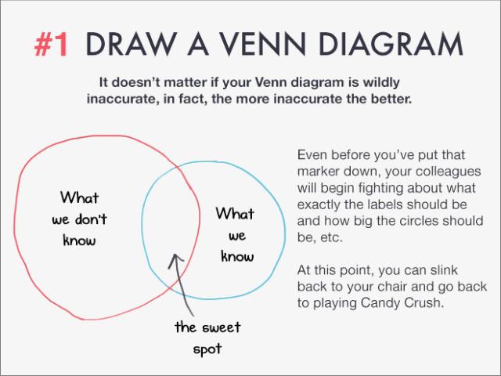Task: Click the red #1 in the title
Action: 52,45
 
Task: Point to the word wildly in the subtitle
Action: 381,82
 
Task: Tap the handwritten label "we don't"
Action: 79,219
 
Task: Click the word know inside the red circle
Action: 79,240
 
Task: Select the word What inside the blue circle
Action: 235,213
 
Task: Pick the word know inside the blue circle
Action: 237,256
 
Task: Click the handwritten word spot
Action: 207,349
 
